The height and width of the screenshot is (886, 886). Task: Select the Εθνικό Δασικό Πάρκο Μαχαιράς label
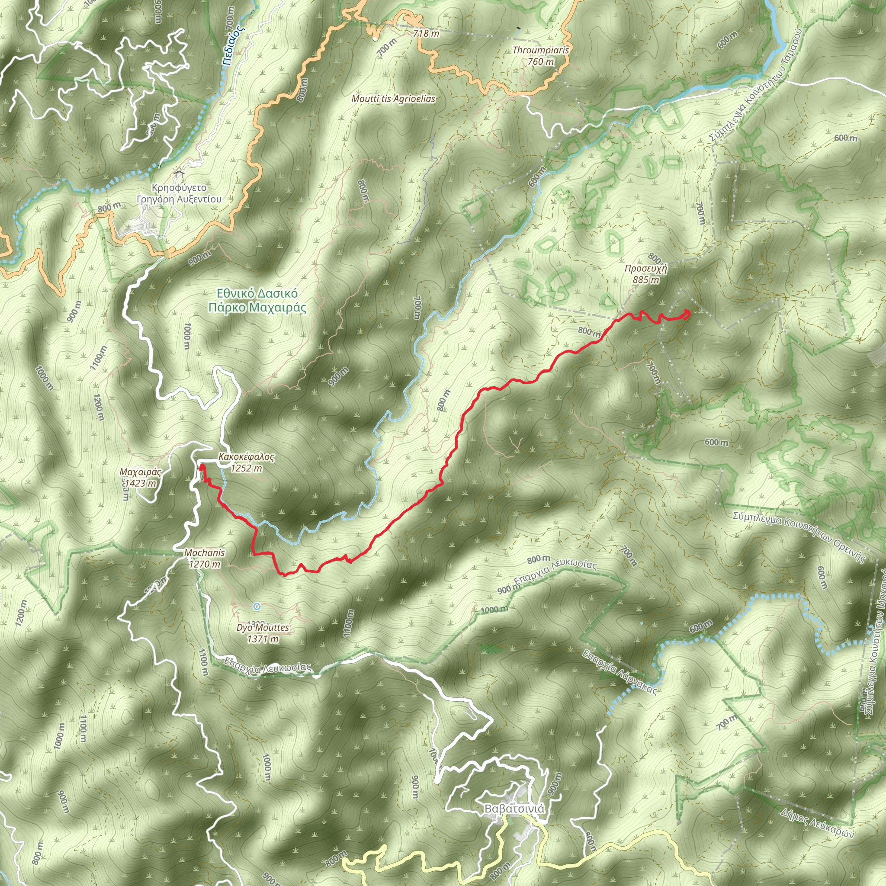tap(257, 300)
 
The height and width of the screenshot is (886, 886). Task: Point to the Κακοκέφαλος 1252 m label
tap(246, 462)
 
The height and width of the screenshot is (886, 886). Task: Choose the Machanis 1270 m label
tap(205, 559)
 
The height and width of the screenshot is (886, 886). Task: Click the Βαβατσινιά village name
tap(514, 809)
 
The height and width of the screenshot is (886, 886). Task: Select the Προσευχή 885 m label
tap(646, 274)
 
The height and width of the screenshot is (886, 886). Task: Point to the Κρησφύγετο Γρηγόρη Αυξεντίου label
tap(179, 193)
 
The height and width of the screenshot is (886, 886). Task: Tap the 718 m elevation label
tap(426, 33)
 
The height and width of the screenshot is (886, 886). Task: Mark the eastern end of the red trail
tap(687, 313)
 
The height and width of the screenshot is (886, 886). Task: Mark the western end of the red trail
tap(201, 467)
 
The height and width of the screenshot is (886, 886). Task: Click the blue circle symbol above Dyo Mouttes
tap(257, 607)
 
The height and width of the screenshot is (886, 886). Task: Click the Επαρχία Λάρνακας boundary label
tap(620, 672)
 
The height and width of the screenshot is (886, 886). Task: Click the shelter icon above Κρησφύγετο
tap(178, 174)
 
